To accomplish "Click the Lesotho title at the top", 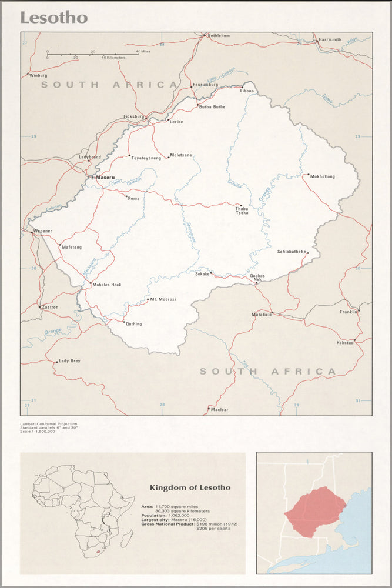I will [54, 18].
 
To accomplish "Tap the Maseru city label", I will [105, 176].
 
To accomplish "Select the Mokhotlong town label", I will [322, 176].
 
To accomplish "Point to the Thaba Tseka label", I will [242, 210].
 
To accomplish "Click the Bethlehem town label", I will [219, 36].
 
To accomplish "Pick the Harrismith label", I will [330, 40].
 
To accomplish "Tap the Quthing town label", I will [133, 324].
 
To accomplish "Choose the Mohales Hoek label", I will [106, 285].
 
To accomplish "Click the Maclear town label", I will [220, 409].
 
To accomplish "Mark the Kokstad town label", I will [345, 342].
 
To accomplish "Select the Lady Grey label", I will [69, 360].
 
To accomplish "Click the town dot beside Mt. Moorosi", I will [147, 299].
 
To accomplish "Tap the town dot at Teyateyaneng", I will [129, 156].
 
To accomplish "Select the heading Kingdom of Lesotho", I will [190, 487].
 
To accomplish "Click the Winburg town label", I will [38, 75].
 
